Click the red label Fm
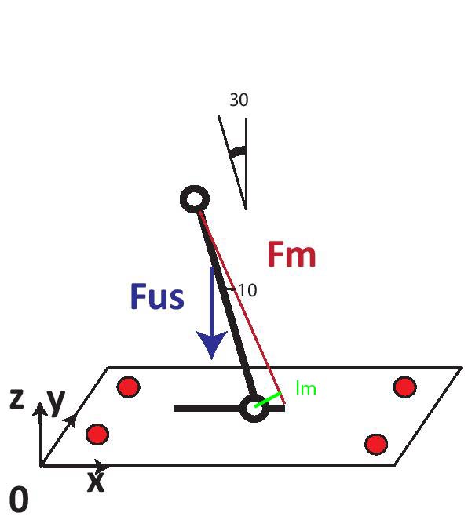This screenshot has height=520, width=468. point(291,254)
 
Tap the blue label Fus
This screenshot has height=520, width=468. point(157,296)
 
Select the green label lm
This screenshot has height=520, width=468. point(305,387)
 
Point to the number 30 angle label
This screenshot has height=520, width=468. point(239,100)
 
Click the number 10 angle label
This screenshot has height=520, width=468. point(247,290)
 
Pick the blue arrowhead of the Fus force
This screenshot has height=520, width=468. point(211,344)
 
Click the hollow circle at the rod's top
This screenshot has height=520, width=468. point(195,199)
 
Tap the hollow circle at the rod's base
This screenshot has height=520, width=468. point(254,408)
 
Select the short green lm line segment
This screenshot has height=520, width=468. point(269,399)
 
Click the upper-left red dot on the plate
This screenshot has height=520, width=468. point(129,387)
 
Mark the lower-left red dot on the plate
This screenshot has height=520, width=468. point(97,434)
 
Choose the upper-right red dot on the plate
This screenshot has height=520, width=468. point(405,387)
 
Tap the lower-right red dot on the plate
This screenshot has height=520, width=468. point(376,445)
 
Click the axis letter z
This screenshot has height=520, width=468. point(16,398)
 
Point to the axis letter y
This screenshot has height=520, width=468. point(56,402)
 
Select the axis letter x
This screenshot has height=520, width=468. point(96,482)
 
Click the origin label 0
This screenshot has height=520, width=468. point(19,500)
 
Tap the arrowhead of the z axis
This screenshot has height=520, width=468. point(40,409)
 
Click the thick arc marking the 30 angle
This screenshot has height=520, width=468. point(238,152)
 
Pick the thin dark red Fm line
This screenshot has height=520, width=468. point(242,307)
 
